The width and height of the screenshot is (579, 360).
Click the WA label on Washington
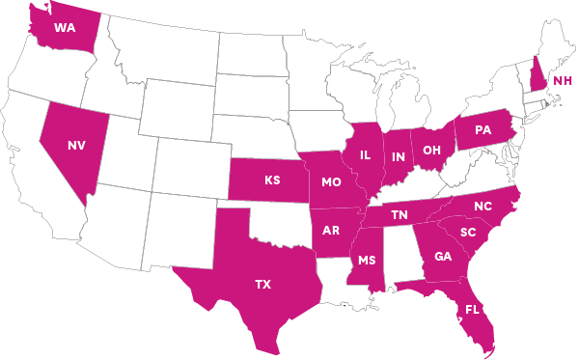point(65,27)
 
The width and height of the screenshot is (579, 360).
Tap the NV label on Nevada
point(76,145)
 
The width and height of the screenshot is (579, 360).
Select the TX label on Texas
point(262,284)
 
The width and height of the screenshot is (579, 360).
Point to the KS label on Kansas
point(273,180)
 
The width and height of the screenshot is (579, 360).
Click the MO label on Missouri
point(331,181)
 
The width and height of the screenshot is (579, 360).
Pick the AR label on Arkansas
point(330,231)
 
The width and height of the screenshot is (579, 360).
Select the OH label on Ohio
point(431,150)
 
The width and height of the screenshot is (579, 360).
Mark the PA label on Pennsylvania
point(483,130)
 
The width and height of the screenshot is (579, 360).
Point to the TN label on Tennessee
point(399,215)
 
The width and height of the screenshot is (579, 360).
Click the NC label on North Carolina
point(482,207)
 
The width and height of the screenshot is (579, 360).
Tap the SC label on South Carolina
point(468,233)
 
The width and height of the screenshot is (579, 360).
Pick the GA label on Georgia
point(443,256)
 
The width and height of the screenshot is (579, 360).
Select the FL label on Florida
point(472,310)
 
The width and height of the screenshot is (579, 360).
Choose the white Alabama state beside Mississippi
point(400,256)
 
